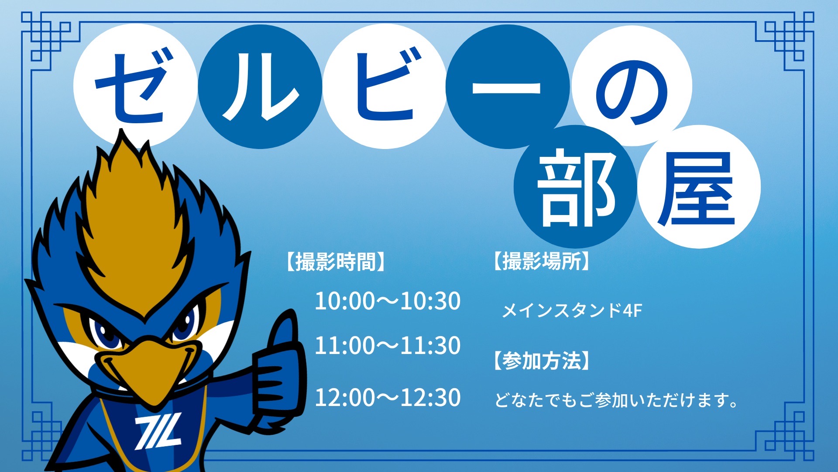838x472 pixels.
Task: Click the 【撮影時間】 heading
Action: pos(336,262)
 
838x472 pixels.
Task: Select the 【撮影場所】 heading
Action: pos(541,261)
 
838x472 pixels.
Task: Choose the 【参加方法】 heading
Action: pos(541,361)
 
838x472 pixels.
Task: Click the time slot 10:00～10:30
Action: pos(388,301)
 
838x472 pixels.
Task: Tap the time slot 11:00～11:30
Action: pos(388,346)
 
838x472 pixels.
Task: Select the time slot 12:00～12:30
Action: pos(388,398)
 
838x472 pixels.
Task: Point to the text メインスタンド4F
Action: pos(572,311)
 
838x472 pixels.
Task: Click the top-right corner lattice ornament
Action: pos(785,42)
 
